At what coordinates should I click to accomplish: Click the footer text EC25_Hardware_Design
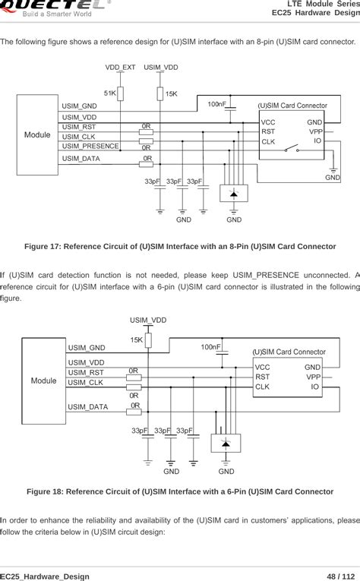click(x=45, y=576)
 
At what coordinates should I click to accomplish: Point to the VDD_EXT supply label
click(x=120, y=68)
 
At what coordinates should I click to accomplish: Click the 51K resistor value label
click(x=110, y=93)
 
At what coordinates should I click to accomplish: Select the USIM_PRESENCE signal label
click(x=90, y=146)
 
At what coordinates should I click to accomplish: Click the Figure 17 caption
click(x=180, y=247)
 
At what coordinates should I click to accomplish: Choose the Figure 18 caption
click(x=180, y=491)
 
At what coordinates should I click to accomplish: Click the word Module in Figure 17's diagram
click(x=37, y=134)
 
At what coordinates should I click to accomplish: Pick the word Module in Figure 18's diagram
click(x=43, y=380)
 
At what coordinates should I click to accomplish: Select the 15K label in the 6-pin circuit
click(x=137, y=339)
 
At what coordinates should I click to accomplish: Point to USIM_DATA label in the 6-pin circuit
click(x=88, y=407)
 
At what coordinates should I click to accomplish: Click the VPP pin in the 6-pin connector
click(x=312, y=376)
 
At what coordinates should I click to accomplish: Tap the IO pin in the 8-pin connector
click(x=317, y=141)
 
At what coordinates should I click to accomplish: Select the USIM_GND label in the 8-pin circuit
click(x=79, y=106)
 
